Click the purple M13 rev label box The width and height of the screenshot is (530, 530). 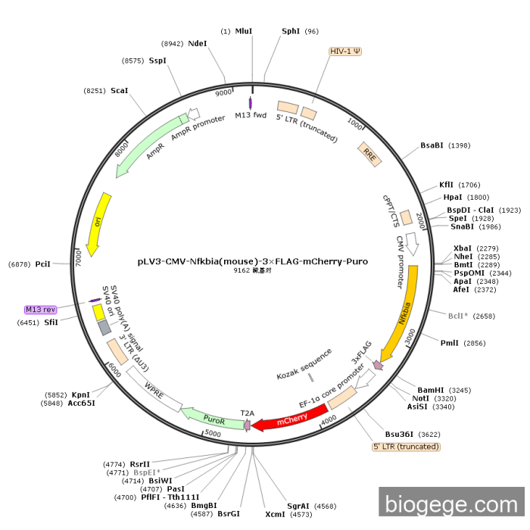(41, 309)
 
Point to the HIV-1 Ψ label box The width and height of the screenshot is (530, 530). (345, 51)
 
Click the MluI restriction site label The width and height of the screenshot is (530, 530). (244, 31)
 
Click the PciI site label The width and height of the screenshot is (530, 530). (42, 264)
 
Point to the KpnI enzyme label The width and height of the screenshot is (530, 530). (81, 394)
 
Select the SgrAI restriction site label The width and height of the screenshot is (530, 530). (298, 506)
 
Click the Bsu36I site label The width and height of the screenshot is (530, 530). (399, 434)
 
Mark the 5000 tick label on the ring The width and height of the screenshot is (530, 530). (213, 434)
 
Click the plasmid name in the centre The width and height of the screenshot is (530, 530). (252, 261)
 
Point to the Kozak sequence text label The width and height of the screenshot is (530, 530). (304, 365)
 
